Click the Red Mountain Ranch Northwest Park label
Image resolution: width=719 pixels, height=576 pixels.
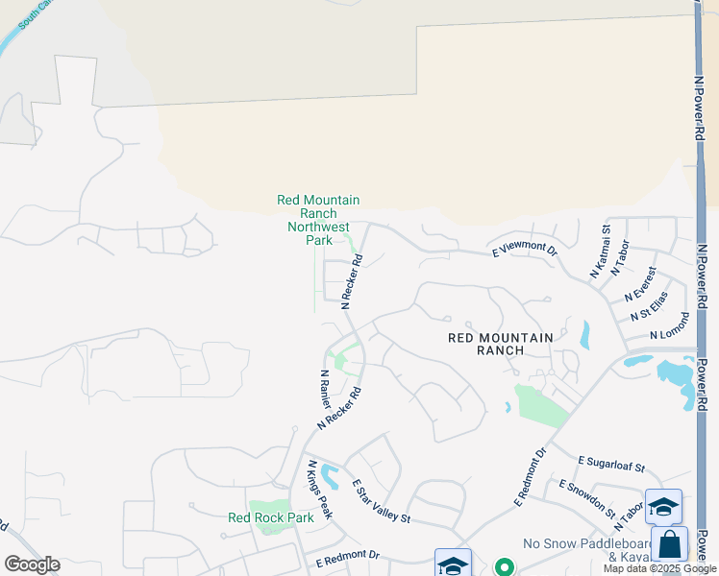coord(318,220)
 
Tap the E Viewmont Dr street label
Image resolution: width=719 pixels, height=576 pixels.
coord(525,250)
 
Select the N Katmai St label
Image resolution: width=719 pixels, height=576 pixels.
coord(600,252)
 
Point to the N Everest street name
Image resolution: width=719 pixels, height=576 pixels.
coord(640,282)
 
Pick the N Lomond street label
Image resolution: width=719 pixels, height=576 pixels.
coord(670,325)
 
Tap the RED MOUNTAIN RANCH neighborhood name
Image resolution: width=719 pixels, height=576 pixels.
coord(501,344)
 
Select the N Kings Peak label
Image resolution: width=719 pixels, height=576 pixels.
coord(319,490)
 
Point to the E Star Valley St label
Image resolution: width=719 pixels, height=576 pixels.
coord(381,501)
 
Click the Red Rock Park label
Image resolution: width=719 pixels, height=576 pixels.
coord(271,517)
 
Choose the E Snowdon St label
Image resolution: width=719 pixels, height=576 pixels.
coord(586,498)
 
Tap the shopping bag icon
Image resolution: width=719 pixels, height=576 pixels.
coord(669,544)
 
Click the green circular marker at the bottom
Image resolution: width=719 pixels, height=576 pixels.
coord(503,566)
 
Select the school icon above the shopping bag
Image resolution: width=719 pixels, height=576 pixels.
coord(663,506)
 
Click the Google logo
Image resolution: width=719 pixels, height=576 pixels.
coord(32,564)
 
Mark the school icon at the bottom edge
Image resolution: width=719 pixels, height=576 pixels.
coord(453,564)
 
